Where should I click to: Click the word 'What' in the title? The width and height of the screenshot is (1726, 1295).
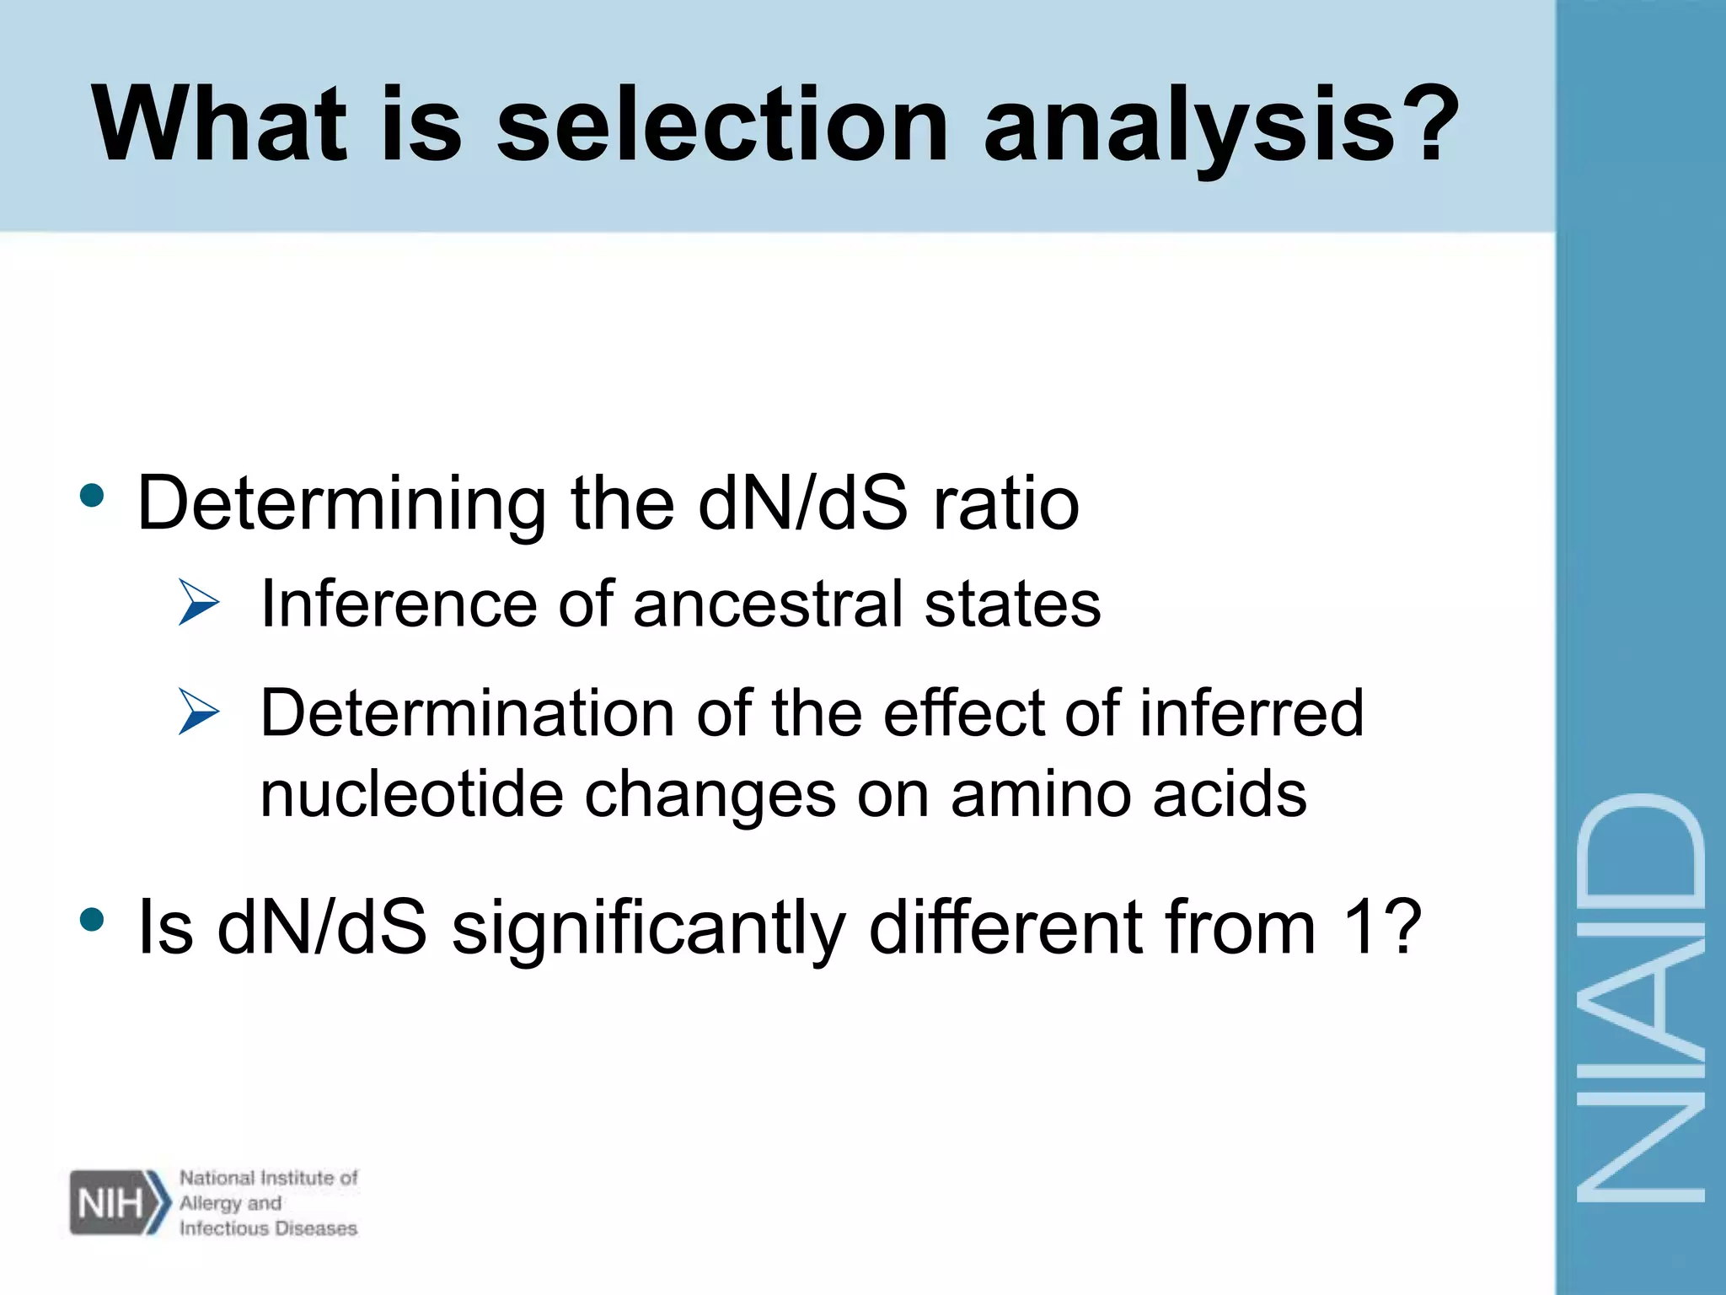219,125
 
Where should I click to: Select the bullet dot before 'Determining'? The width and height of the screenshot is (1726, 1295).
92,496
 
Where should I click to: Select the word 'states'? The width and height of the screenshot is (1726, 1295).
1012,604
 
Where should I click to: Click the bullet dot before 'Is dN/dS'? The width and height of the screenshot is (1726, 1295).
92,919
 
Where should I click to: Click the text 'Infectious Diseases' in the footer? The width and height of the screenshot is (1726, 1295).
268,1228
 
